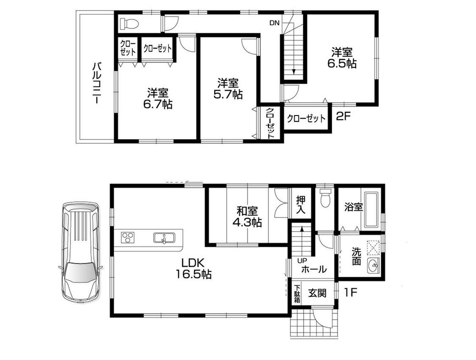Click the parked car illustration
80,254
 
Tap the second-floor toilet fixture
129,23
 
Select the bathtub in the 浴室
371,210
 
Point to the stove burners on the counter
128,237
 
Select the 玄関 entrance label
317,293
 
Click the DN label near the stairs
274,22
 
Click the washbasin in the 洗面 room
373,268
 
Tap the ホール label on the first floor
314,269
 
